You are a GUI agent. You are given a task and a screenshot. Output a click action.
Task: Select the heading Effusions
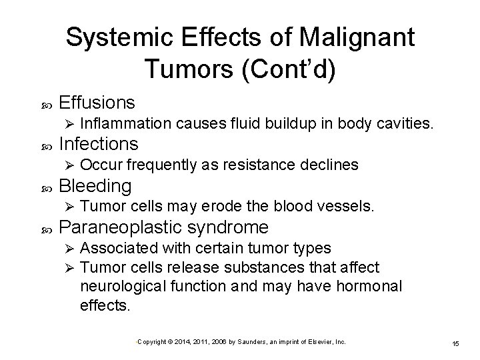pos(97,103)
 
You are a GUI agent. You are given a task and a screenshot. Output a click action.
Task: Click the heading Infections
pos(99,144)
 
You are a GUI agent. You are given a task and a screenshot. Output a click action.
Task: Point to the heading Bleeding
pos(95,185)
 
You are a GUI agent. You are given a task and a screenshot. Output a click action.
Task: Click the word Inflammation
pos(127,123)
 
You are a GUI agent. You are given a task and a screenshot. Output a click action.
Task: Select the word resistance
pos(258,165)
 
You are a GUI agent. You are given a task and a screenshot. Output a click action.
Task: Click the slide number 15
pos(455,343)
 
